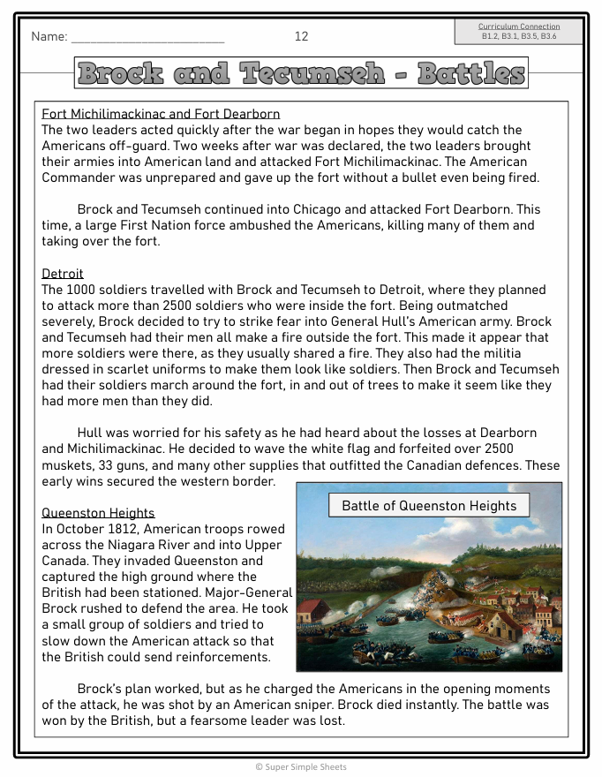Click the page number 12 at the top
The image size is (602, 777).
pos(301,36)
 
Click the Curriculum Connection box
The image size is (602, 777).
pos(518,31)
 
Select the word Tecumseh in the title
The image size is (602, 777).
pos(313,73)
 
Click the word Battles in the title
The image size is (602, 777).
pos(470,73)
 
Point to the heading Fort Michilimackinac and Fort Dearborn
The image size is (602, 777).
pos(161,114)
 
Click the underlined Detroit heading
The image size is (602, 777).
pos(63,274)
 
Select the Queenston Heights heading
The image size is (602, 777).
pos(98,513)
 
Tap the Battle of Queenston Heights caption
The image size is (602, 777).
pos(429,506)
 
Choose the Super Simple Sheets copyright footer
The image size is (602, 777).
pos(301,766)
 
